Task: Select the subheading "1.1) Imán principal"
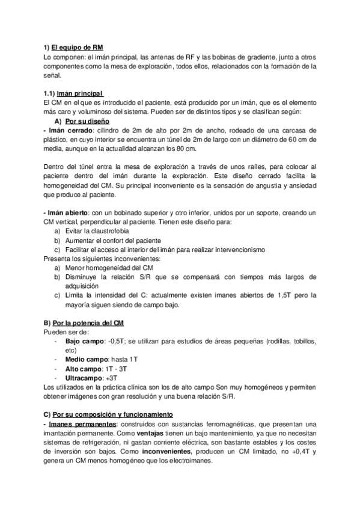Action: click(x=74, y=93)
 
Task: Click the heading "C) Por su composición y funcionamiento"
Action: click(x=112, y=414)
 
